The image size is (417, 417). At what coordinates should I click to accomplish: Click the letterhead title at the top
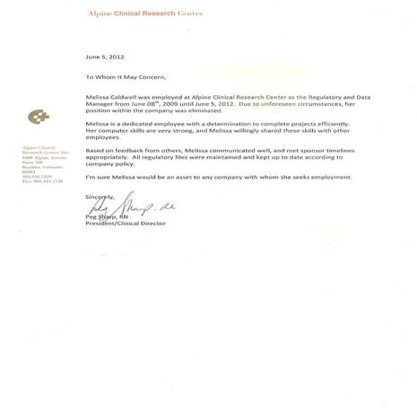coord(145,15)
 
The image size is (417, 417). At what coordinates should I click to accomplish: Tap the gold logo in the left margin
coord(39,117)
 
